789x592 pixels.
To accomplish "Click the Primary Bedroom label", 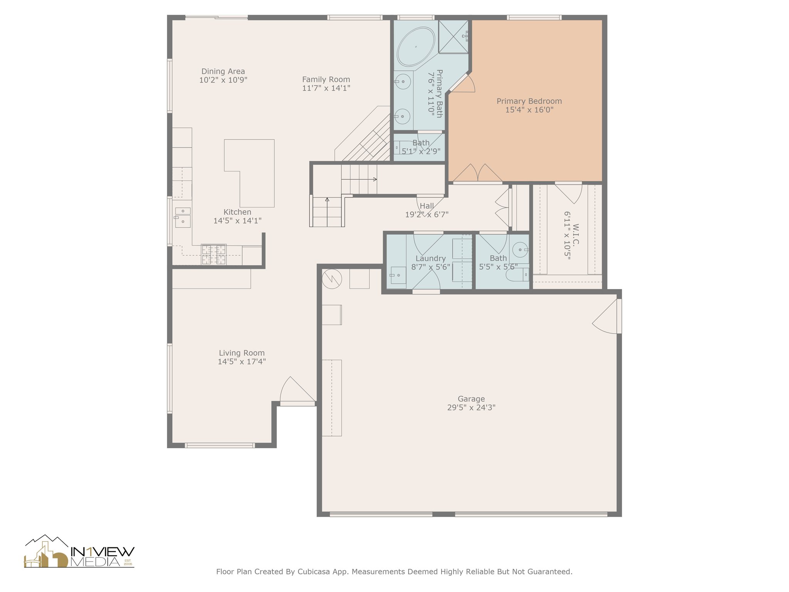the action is pyautogui.click(x=529, y=101).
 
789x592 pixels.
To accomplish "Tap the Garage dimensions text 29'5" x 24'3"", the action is pyautogui.click(x=471, y=408).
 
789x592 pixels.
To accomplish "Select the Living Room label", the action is pyautogui.click(x=242, y=353).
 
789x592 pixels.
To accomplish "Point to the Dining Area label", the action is pyautogui.click(x=223, y=72).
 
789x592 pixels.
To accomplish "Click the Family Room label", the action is pyautogui.click(x=326, y=80).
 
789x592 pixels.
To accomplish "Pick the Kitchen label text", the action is pyautogui.click(x=237, y=212).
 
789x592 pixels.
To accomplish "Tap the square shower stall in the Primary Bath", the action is pyautogui.click(x=453, y=37).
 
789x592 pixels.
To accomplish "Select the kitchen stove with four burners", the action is pyautogui.click(x=213, y=254).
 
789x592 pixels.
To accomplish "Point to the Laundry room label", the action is pyautogui.click(x=430, y=259).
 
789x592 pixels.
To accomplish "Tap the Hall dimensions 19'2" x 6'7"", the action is pyautogui.click(x=427, y=215).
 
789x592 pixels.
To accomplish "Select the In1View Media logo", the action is pyautogui.click(x=79, y=552).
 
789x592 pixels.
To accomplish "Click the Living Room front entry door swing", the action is pyautogui.click(x=297, y=390).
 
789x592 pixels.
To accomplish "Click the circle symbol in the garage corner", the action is pyautogui.click(x=332, y=279).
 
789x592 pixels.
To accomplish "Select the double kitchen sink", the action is pyautogui.click(x=183, y=217).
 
